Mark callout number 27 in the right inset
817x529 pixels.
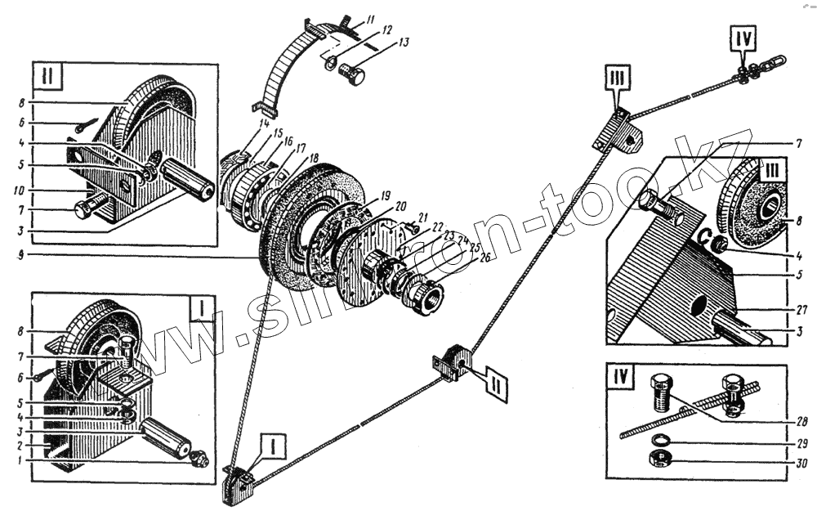coord(802,309)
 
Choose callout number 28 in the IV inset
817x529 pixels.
coord(803,423)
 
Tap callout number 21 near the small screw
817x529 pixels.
coord(423,217)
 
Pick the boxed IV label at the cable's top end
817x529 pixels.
coord(746,37)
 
